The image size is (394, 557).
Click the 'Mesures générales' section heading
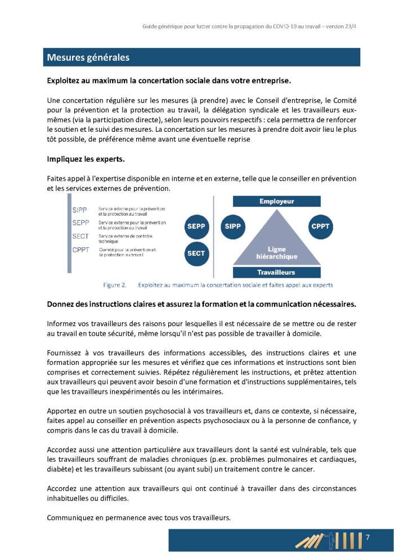tap(88, 57)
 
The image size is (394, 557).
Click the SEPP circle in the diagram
tap(196, 226)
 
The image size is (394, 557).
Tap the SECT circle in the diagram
tap(196, 253)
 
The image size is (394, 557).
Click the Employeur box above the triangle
tap(276, 202)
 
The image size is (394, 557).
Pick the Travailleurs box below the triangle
tap(276, 272)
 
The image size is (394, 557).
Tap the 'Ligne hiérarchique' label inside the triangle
tap(276, 252)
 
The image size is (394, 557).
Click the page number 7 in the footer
tap(368, 537)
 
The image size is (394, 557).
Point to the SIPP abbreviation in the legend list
tap(80, 210)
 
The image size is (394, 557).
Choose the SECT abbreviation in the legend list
tap(80, 237)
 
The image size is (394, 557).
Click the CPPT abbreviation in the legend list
tap(80, 250)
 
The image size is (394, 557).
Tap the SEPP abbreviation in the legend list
tap(80, 223)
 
